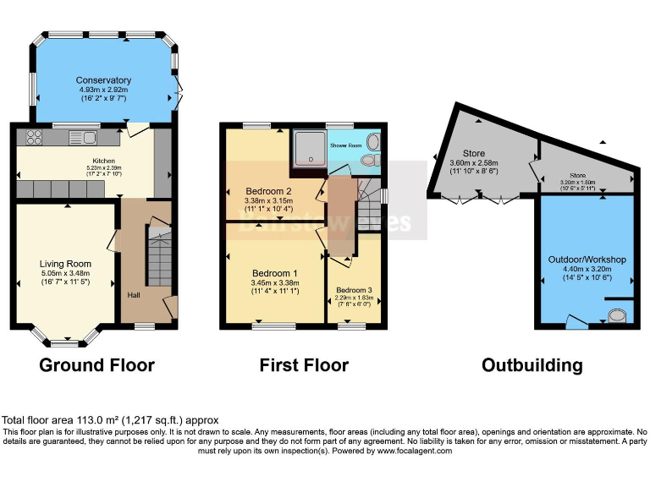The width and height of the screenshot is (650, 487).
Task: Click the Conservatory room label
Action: (x=103, y=80)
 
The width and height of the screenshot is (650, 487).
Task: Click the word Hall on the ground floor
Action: (x=133, y=294)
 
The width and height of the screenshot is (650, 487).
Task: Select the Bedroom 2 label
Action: (x=268, y=190)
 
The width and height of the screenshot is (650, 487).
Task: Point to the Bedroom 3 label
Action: (x=354, y=289)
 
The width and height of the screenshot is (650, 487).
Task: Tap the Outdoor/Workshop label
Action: (x=587, y=259)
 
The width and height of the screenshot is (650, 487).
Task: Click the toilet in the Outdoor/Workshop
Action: (x=619, y=316)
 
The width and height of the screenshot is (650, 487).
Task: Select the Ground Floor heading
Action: (x=97, y=365)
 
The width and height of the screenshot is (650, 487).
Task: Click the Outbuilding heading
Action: (x=532, y=365)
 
